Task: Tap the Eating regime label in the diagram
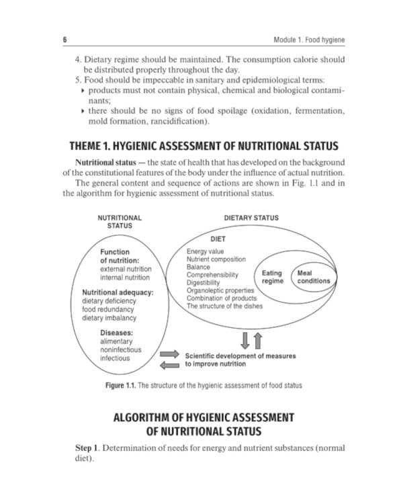click(272, 278)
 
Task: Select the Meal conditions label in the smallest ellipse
click(314, 277)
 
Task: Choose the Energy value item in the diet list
click(209, 251)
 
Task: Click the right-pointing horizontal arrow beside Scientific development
click(170, 354)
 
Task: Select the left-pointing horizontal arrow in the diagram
click(169, 365)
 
